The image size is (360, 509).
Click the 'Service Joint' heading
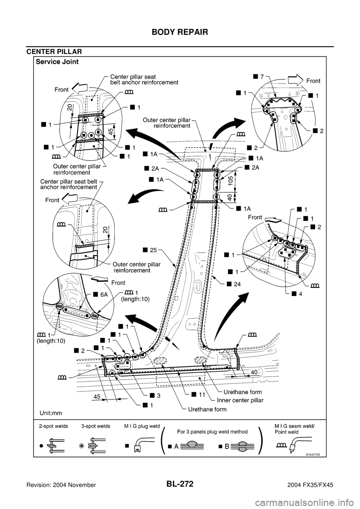(x=57, y=63)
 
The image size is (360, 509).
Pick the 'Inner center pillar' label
(x=238, y=400)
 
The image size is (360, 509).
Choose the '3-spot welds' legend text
(x=95, y=427)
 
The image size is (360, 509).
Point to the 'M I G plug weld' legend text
(x=141, y=427)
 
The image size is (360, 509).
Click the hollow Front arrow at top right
(x=295, y=80)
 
